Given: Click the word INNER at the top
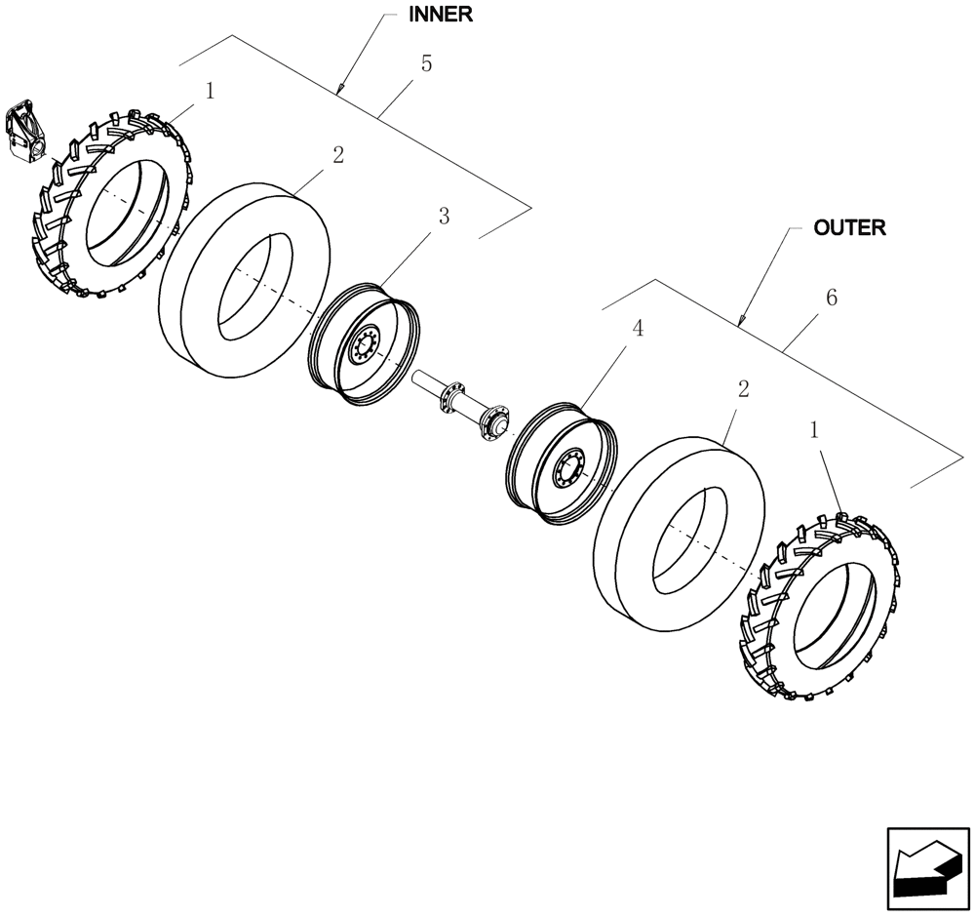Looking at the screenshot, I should pyautogui.click(x=440, y=15).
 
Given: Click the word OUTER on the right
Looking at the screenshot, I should pyautogui.click(x=849, y=227).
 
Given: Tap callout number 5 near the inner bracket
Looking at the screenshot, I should pyautogui.click(x=425, y=64).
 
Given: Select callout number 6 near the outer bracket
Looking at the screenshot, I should pyautogui.click(x=831, y=298).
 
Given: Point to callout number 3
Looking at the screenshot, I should pyautogui.click(x=444, y=217).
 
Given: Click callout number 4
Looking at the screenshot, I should pyautogui.click(x=638, y=329).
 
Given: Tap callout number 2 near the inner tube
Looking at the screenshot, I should pyautogui.click(x=337, y=155).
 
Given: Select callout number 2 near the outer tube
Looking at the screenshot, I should pyautogui.click(x=743, y=389).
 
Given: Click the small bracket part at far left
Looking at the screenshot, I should pyautogui.click(x=25, y=131).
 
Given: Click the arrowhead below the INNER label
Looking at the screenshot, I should pyautogui.click(x=340, y=91).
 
